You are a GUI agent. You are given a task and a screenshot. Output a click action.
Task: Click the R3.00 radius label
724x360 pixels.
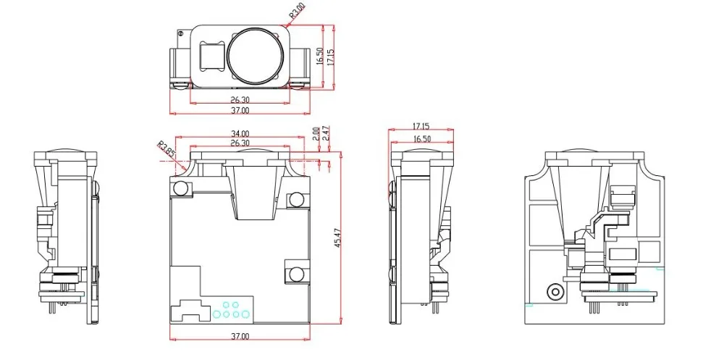click(298, 10)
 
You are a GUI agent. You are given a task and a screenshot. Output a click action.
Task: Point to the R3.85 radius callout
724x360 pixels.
click(166, 150)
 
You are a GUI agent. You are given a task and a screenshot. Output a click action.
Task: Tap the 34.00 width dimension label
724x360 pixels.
click(240, 133)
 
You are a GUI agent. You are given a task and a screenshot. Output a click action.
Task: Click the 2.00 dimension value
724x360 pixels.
click(316, 133)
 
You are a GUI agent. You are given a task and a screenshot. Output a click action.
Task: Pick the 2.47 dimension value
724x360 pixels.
click(326, 133)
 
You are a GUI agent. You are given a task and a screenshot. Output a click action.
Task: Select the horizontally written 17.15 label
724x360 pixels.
click(421, 126)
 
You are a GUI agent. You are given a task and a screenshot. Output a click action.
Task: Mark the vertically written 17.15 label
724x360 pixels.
click(331, 56)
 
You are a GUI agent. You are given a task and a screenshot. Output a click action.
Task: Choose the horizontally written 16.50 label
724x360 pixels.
click(421, 138)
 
